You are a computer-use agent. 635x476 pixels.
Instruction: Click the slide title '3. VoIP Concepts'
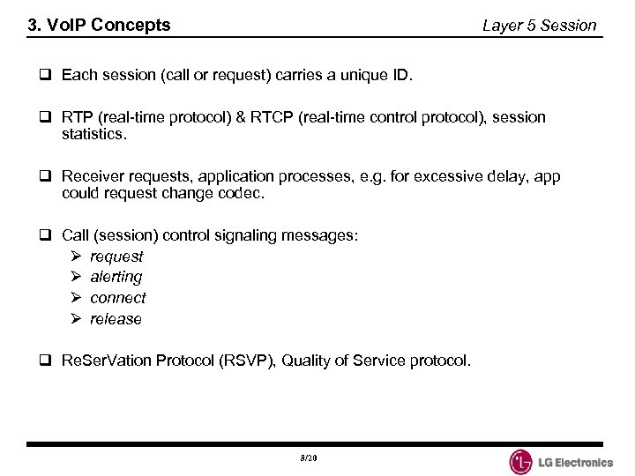click(99, 26)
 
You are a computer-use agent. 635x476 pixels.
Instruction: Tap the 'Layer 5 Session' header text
click(539, 26)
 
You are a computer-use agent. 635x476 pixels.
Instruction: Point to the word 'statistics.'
click(94, 136)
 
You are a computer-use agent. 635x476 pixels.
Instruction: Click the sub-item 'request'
click(116, 257)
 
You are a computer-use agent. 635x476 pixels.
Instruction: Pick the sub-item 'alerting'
click(116, 278)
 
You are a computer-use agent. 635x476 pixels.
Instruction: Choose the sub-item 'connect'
click(117, 298)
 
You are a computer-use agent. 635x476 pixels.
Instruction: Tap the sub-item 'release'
click(116, 319)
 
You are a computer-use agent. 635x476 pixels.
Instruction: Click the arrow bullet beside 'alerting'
click(76, 278)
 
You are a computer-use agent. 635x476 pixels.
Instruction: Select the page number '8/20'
click(308, 459)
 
